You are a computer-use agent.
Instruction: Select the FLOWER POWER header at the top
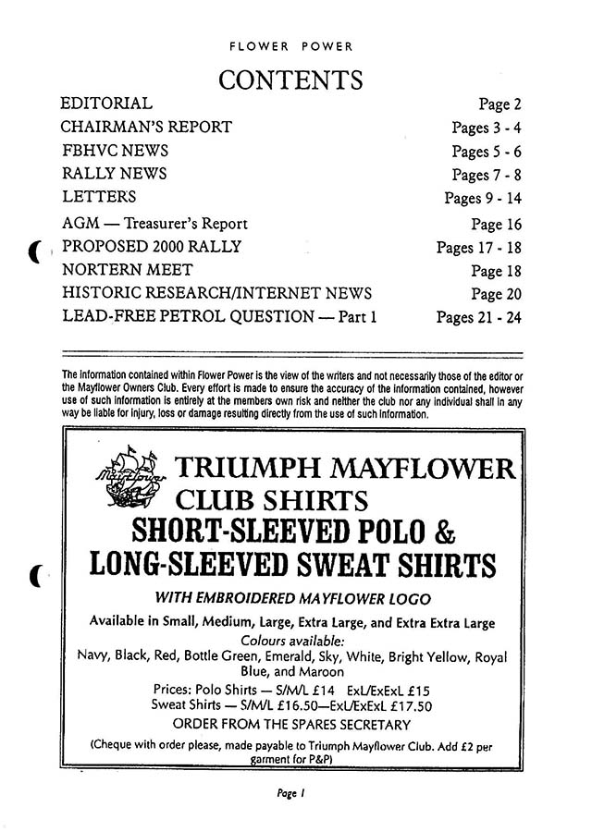290,44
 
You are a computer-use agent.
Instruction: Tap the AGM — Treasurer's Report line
155,224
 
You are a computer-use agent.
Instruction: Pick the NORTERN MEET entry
127,271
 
